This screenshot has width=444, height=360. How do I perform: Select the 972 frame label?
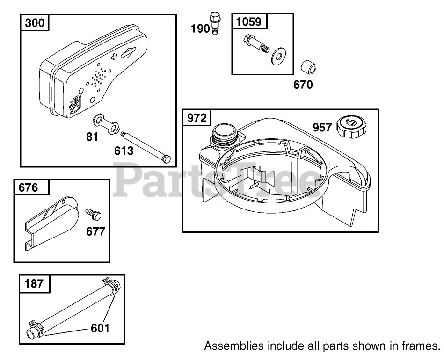click(197, 117)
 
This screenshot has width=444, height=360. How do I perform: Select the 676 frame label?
click(28, 187)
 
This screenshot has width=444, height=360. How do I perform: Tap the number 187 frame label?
click(33, 283)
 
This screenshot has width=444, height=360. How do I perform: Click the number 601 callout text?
click(100, 328)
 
